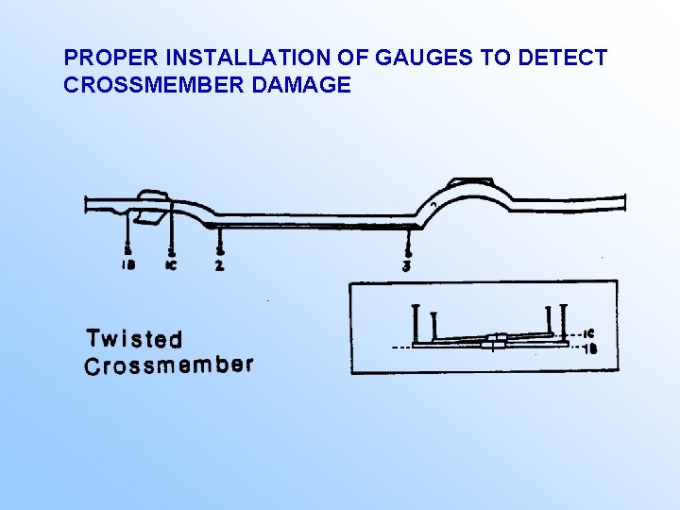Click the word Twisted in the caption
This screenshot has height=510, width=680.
tap(134, 338)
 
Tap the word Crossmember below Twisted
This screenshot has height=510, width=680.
tap(169, 365)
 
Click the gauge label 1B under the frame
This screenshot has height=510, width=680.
tap(128, 265)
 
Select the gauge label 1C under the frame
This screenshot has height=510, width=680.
tap(171, 265)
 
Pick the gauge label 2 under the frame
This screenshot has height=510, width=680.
tap(219, 265)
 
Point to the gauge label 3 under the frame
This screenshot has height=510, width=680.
tap(406, 265)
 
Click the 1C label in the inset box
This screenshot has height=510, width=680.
tap(588, 332)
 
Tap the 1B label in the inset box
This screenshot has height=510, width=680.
tap(588, 348)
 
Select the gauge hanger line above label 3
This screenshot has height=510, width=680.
tap(406, 241)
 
